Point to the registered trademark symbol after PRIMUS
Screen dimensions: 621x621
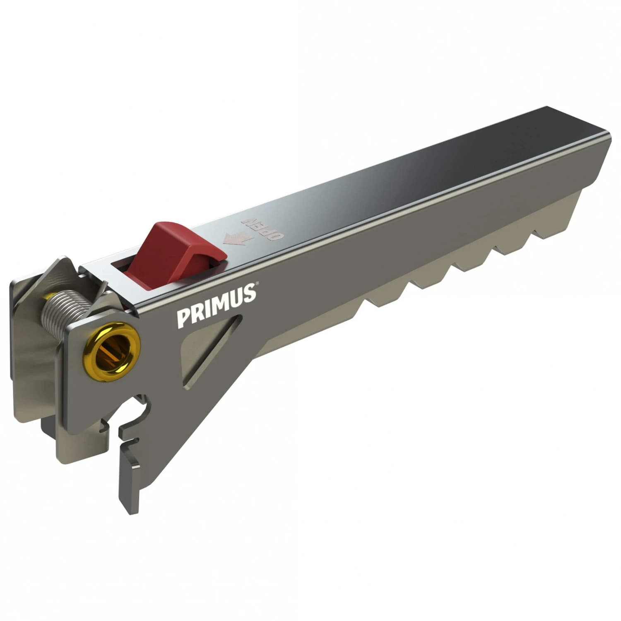[x=257, y=284]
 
